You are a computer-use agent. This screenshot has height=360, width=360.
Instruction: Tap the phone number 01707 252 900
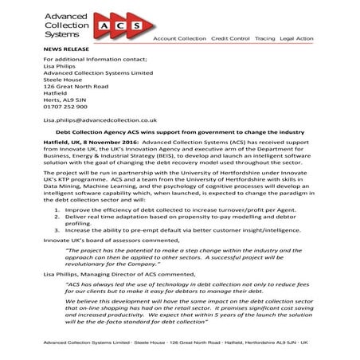click(x=65, y=105)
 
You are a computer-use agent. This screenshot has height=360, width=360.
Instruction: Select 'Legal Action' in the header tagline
click(x=296, y=37)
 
